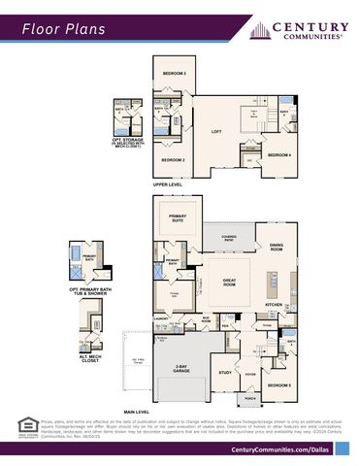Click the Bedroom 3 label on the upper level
point(174,74)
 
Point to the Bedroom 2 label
point(173,159)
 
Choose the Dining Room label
point(276,247)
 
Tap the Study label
point(225,372)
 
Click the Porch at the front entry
point(250,398)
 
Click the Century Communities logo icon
point(259,30)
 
